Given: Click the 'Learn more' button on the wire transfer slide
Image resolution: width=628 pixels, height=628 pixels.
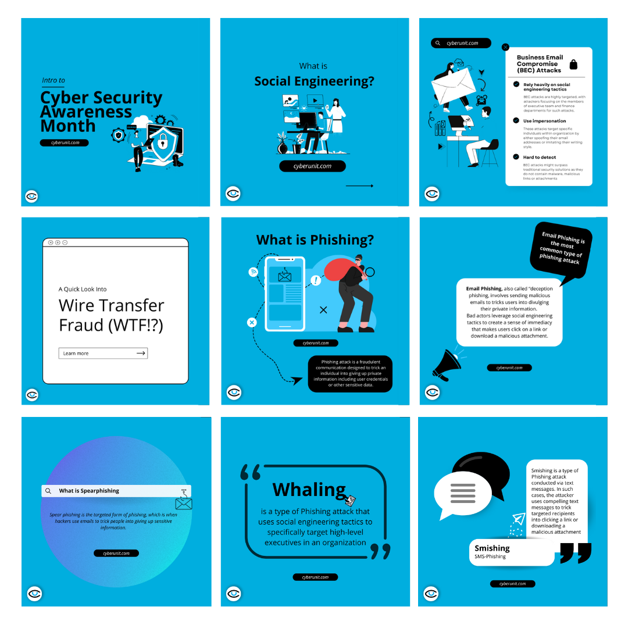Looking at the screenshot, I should click(103, 353).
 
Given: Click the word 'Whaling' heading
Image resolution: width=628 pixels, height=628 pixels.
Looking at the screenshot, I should click(309, 490).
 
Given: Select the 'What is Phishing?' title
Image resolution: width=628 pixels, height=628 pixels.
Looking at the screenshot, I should click(315, 240).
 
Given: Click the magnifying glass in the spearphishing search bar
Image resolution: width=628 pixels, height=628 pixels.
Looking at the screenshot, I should click(49, 491).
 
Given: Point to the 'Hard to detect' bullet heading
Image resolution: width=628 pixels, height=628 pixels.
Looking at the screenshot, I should click(540, 157).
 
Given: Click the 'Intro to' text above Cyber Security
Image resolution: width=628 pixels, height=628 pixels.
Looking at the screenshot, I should click(53, 80).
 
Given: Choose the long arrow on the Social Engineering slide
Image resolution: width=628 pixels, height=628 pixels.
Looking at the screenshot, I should click(359, 186).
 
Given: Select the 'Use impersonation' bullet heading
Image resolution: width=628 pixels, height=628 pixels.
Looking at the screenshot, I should click(544, 121).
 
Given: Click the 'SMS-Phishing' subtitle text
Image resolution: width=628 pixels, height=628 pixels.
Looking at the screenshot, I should click(490, 556).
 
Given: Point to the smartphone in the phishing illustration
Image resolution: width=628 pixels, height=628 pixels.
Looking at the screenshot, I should click(285, 295).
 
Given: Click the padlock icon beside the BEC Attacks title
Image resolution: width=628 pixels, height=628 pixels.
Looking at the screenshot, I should click(573, 65).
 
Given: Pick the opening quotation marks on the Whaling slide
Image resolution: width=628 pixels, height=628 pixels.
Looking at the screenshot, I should click(251, 472).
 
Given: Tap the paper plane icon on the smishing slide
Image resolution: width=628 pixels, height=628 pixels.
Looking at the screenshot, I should click(519, 519).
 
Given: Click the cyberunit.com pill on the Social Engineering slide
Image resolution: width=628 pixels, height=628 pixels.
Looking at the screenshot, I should click(312, 166).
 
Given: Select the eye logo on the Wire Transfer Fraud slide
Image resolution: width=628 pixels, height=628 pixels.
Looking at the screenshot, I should click(32, 395).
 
